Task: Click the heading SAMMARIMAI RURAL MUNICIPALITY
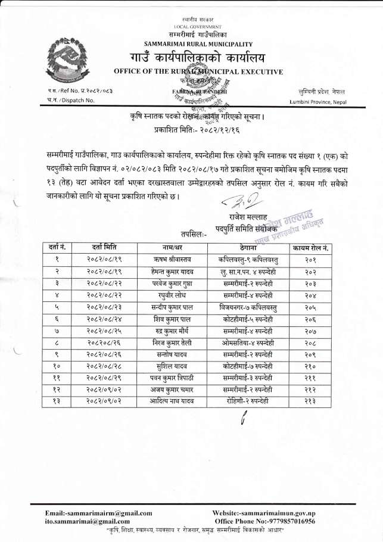198,43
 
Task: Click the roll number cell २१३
311,402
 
